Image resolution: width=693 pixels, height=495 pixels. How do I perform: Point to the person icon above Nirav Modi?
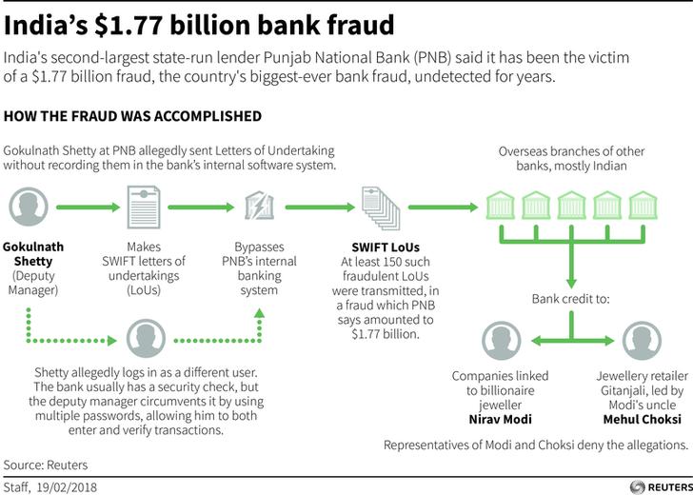point(502,340)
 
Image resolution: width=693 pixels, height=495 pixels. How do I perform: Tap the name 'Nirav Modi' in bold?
point(503,419)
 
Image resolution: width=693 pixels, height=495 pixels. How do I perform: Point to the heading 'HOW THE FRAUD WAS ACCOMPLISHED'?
point(133,117)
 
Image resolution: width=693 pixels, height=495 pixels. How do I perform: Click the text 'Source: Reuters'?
point(46,465)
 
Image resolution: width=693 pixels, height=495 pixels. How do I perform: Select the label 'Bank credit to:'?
point(570,299)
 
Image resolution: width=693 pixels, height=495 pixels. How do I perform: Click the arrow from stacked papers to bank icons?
point(442,207)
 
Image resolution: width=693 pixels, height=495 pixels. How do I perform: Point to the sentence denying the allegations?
point(535,445)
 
